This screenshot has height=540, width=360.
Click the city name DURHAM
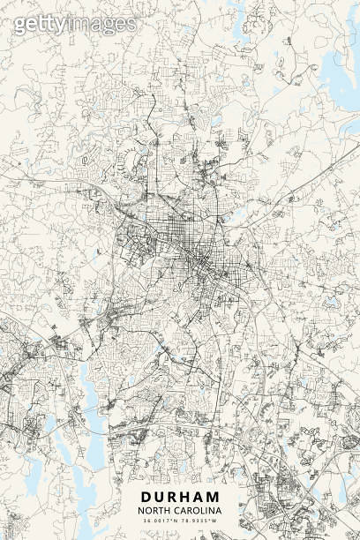coord(180,497)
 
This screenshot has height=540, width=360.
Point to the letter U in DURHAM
coord(159,497)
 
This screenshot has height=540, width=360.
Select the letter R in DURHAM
coord(173,497)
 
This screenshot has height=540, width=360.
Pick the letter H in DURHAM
coord(186,497)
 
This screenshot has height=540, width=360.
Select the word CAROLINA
coord(199,511)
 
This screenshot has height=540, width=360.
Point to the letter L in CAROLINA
coord(206,511)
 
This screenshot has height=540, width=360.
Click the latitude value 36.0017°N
coord(160,521)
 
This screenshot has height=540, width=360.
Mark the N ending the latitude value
coord(175,521)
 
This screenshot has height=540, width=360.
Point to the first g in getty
coord(20,26)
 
